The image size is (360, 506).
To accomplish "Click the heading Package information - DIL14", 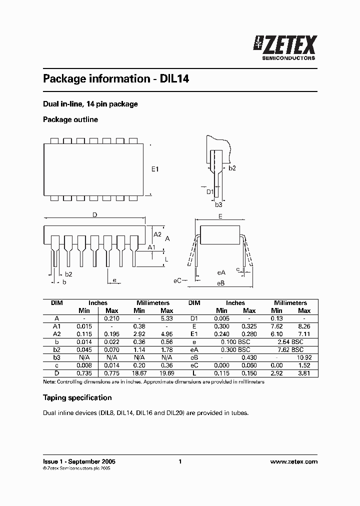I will [115, 79].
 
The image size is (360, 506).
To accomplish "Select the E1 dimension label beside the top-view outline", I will [155, 169].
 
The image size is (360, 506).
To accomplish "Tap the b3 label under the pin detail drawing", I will [218, 204].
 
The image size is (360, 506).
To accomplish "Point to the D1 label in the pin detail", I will [210, 191].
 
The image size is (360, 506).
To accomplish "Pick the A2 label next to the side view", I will [157, 234].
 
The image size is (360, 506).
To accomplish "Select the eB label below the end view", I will [220, 283].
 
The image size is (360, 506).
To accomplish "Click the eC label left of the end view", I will [177, 280].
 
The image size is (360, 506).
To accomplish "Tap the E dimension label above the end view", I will [220, 216].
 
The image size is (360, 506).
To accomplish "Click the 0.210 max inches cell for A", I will [111, 318].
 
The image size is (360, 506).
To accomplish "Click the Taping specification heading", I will [77, 397].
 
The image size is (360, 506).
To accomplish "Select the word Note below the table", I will [49, 382].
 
